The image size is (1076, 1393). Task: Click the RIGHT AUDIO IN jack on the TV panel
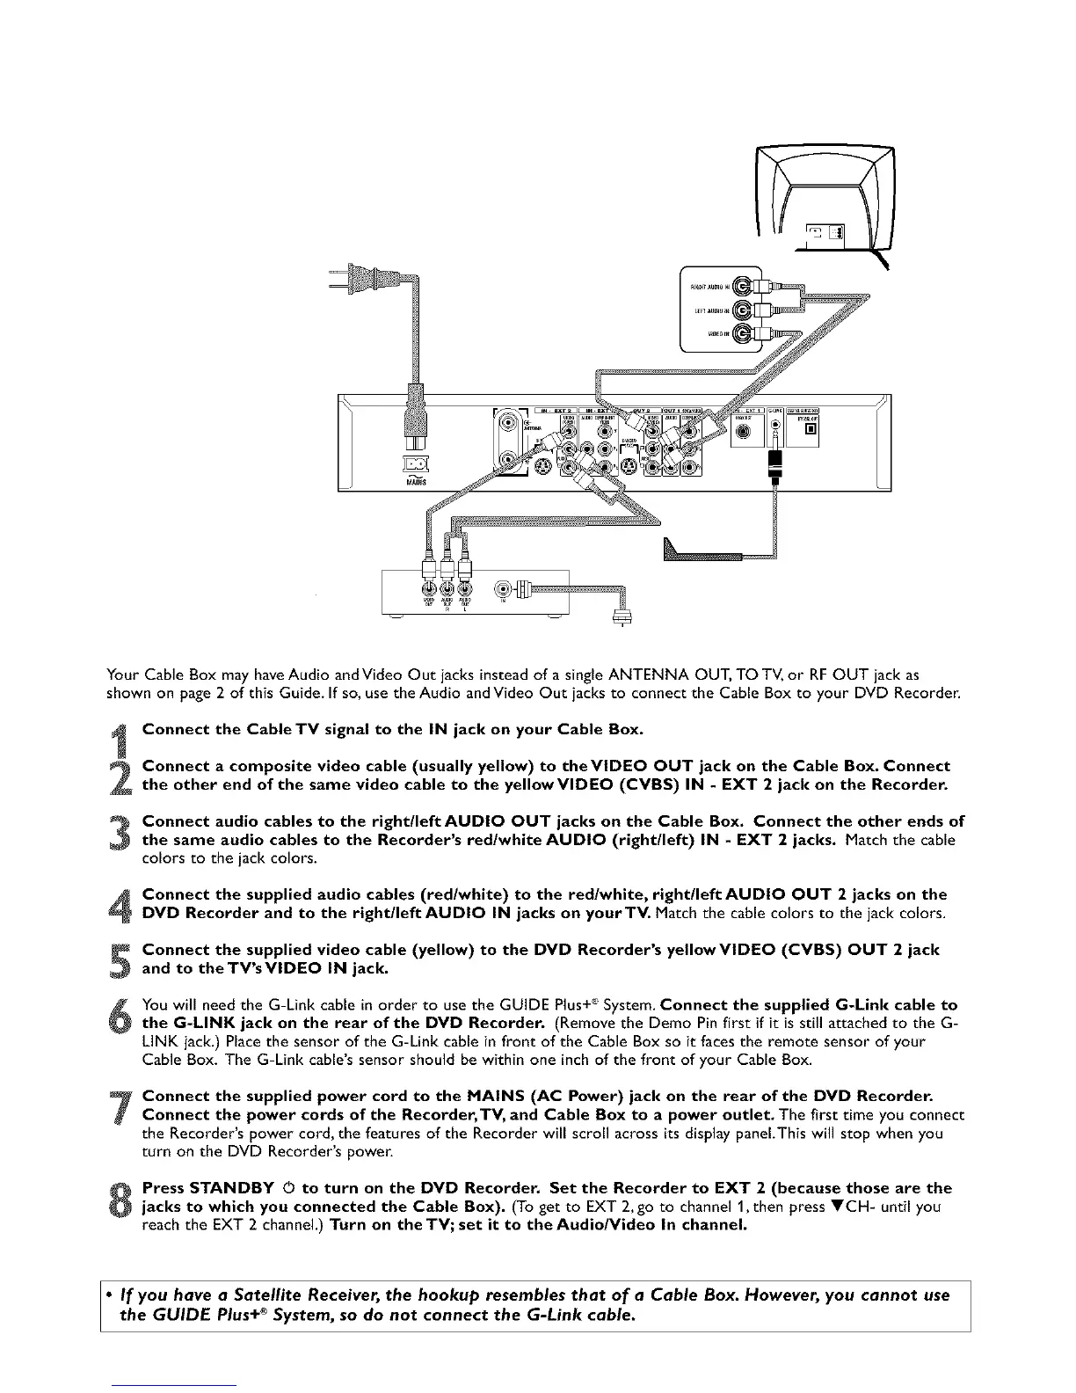[744, 287]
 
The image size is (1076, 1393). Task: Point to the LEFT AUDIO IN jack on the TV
[744, 310]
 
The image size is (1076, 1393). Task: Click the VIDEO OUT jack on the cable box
[428, 588]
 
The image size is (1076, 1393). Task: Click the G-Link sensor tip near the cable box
[681, 551]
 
